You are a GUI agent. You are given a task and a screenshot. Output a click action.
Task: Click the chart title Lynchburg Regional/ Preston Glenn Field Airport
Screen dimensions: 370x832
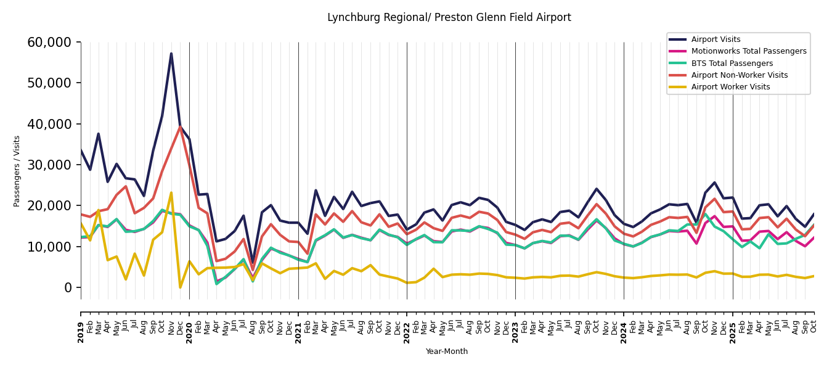tap(449, 18)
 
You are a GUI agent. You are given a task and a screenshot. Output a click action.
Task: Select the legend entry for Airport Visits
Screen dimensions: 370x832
tap(716, 39)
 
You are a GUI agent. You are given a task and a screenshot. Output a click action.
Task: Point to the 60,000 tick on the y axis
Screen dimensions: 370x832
tap(49, 43)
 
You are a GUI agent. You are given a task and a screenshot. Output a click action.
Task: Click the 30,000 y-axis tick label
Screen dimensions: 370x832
tap(49, 165)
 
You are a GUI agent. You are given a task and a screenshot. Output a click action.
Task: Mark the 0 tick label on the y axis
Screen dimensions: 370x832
tap(68, 287)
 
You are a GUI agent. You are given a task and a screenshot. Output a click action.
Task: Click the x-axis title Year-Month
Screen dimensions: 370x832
tap(447, 351)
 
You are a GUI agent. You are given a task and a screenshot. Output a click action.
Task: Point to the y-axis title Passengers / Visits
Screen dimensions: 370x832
tap(17, 171)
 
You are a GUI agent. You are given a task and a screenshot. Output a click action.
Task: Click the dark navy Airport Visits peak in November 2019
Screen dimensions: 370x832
tap(171, 54)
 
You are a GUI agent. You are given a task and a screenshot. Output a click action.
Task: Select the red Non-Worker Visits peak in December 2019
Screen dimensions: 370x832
tap(180, 127)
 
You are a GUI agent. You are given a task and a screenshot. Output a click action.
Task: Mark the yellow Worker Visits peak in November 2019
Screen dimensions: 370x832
tap(171, 193)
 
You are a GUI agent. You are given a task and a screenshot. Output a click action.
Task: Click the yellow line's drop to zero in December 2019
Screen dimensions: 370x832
tap(180, 287)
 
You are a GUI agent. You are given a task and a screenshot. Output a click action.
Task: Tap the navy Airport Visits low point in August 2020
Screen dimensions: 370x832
tap(253, 263)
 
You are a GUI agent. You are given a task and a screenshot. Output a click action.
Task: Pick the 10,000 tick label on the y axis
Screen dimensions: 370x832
tap(49, 247)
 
